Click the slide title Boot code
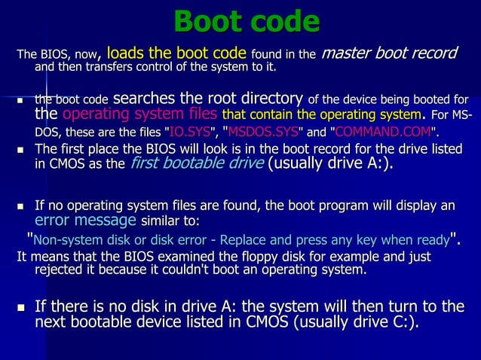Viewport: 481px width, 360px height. coord(247,20)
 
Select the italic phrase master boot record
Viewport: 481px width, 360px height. coord(390,53)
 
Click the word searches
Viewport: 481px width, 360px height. coord(144,98)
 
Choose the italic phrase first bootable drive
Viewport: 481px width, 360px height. coord(197,164)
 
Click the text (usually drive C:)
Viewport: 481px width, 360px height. coord(347,323)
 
